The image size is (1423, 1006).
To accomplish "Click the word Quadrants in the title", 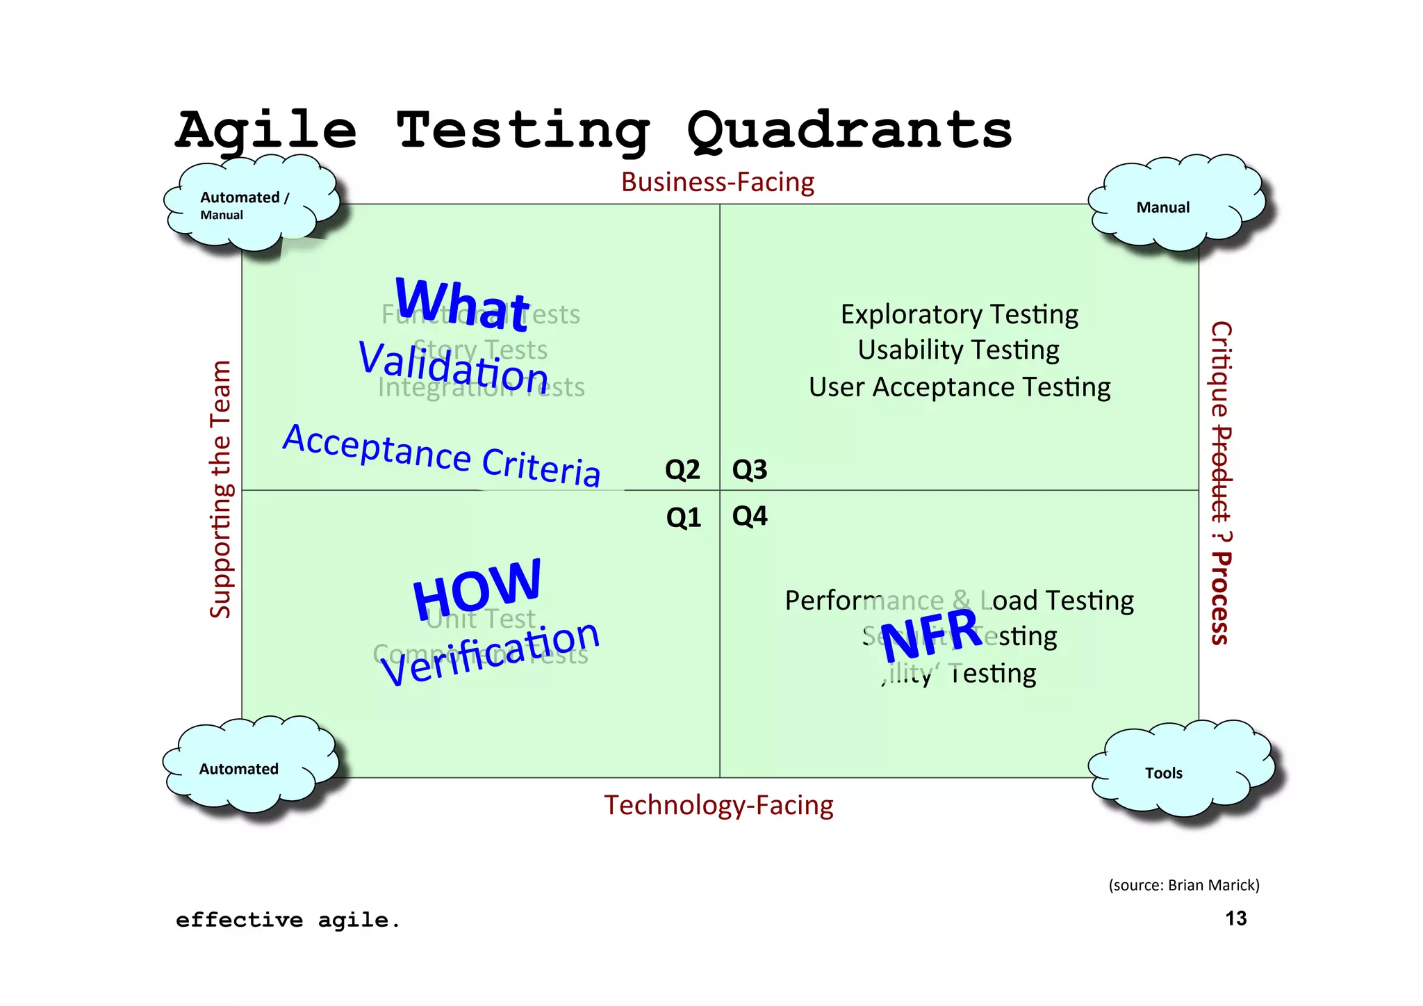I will tap(849, 130).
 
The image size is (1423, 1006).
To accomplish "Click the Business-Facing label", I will tap(717, 182).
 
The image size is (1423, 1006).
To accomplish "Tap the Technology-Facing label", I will tap(718, 805).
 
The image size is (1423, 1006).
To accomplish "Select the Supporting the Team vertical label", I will tap(221, 489).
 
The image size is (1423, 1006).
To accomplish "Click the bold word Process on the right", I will tap(1221, 599).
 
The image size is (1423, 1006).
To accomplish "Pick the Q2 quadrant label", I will tap(682, 470).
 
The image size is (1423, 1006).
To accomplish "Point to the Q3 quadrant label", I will tap(750, 470).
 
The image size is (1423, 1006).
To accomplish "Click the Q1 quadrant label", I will tap(684, 518).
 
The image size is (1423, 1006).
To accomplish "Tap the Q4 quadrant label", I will tap(750, 516).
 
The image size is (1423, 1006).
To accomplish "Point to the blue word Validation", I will tap(454, 366).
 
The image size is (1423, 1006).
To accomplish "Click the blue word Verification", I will tap(490, 654).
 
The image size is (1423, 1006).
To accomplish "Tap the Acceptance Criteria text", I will tap(442, 455).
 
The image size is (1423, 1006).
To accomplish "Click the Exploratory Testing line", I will tap(959, 314).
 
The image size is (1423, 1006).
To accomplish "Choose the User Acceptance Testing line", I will tap(959, 387).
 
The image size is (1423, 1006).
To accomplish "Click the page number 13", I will tap(1235, 918).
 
